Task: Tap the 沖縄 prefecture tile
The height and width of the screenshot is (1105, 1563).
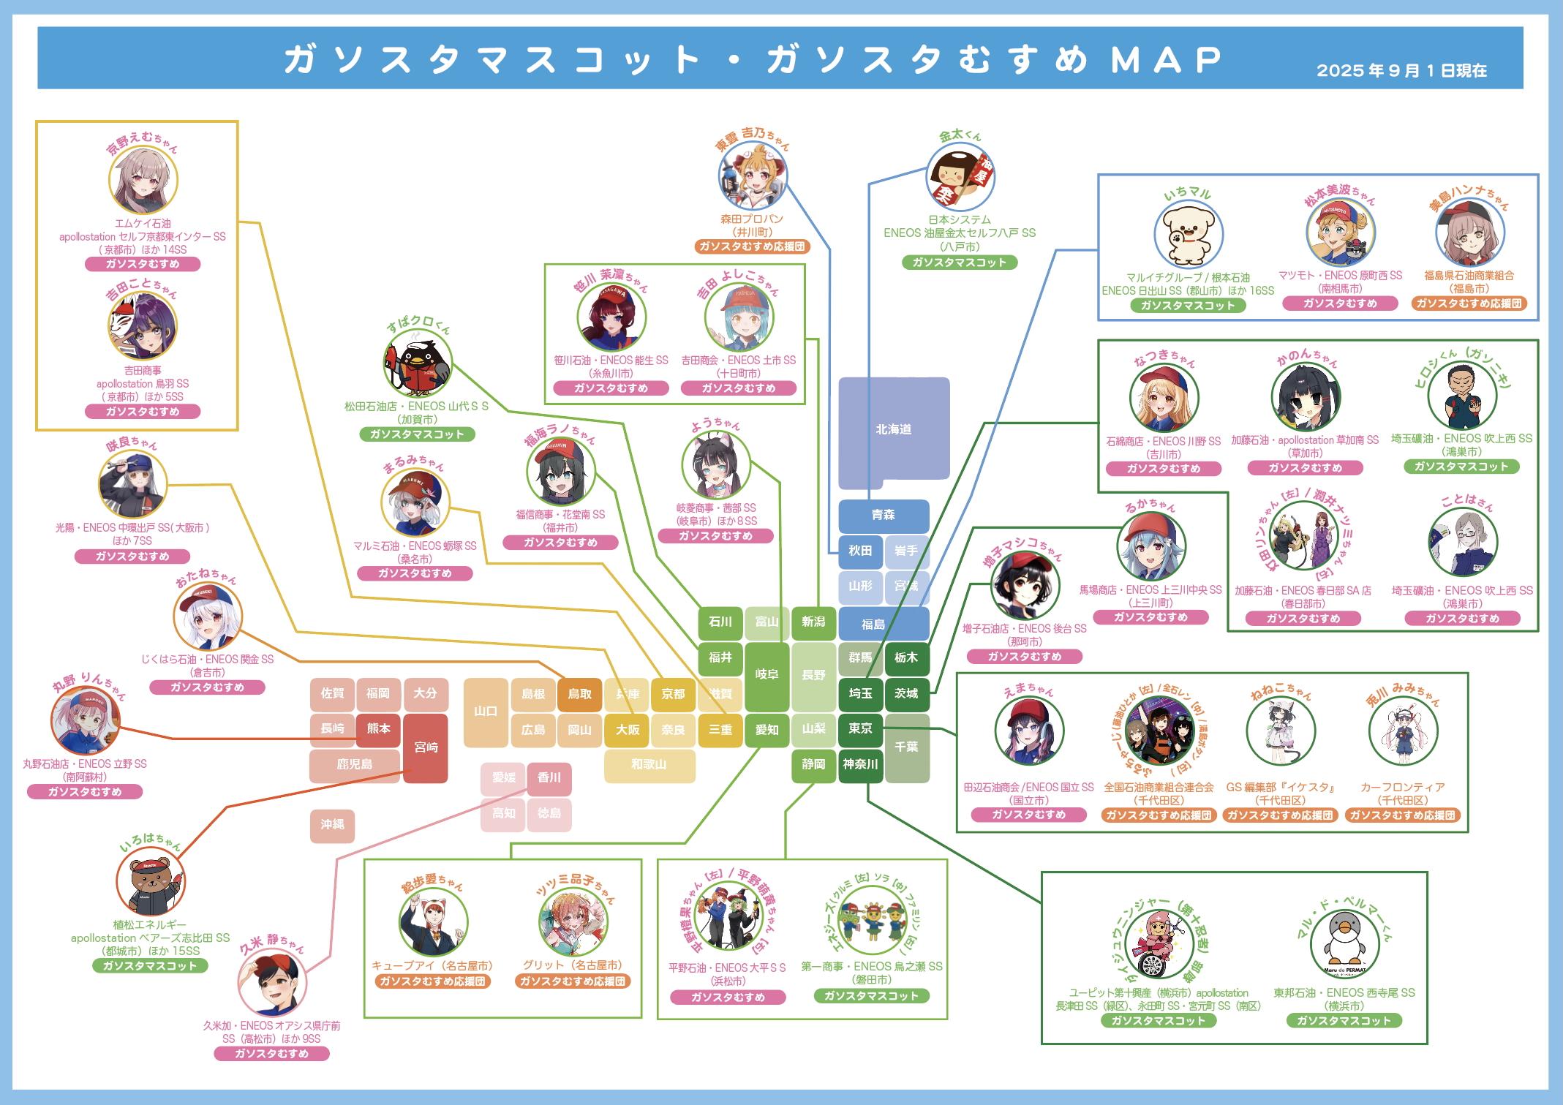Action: point(332,825)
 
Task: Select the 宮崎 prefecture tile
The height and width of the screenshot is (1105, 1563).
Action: point(426,747)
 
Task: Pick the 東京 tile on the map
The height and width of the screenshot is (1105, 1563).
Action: point(860,728)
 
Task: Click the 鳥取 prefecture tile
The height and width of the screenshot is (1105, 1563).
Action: point(579,694)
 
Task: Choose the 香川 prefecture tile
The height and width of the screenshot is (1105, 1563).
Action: point(549,778)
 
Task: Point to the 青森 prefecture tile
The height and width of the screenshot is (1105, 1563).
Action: point(883,516)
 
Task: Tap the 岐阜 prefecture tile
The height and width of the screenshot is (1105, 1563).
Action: point(767,675)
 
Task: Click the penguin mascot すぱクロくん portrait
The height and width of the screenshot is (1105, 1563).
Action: point(418,366)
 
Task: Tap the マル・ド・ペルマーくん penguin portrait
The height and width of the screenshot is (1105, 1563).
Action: point(1345,945)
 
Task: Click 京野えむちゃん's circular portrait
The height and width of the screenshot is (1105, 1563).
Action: point(143,180)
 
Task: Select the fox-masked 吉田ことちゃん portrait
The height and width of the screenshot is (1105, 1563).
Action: point(143,326)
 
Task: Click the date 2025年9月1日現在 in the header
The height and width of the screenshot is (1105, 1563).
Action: point(1401,71)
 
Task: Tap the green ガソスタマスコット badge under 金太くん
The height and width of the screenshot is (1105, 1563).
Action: point(959,263)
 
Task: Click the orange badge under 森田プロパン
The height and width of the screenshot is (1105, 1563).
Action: point(752,246)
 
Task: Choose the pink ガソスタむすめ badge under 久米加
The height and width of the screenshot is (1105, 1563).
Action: point(271,1054)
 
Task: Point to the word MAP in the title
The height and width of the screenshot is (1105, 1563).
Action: point(1166,60)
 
